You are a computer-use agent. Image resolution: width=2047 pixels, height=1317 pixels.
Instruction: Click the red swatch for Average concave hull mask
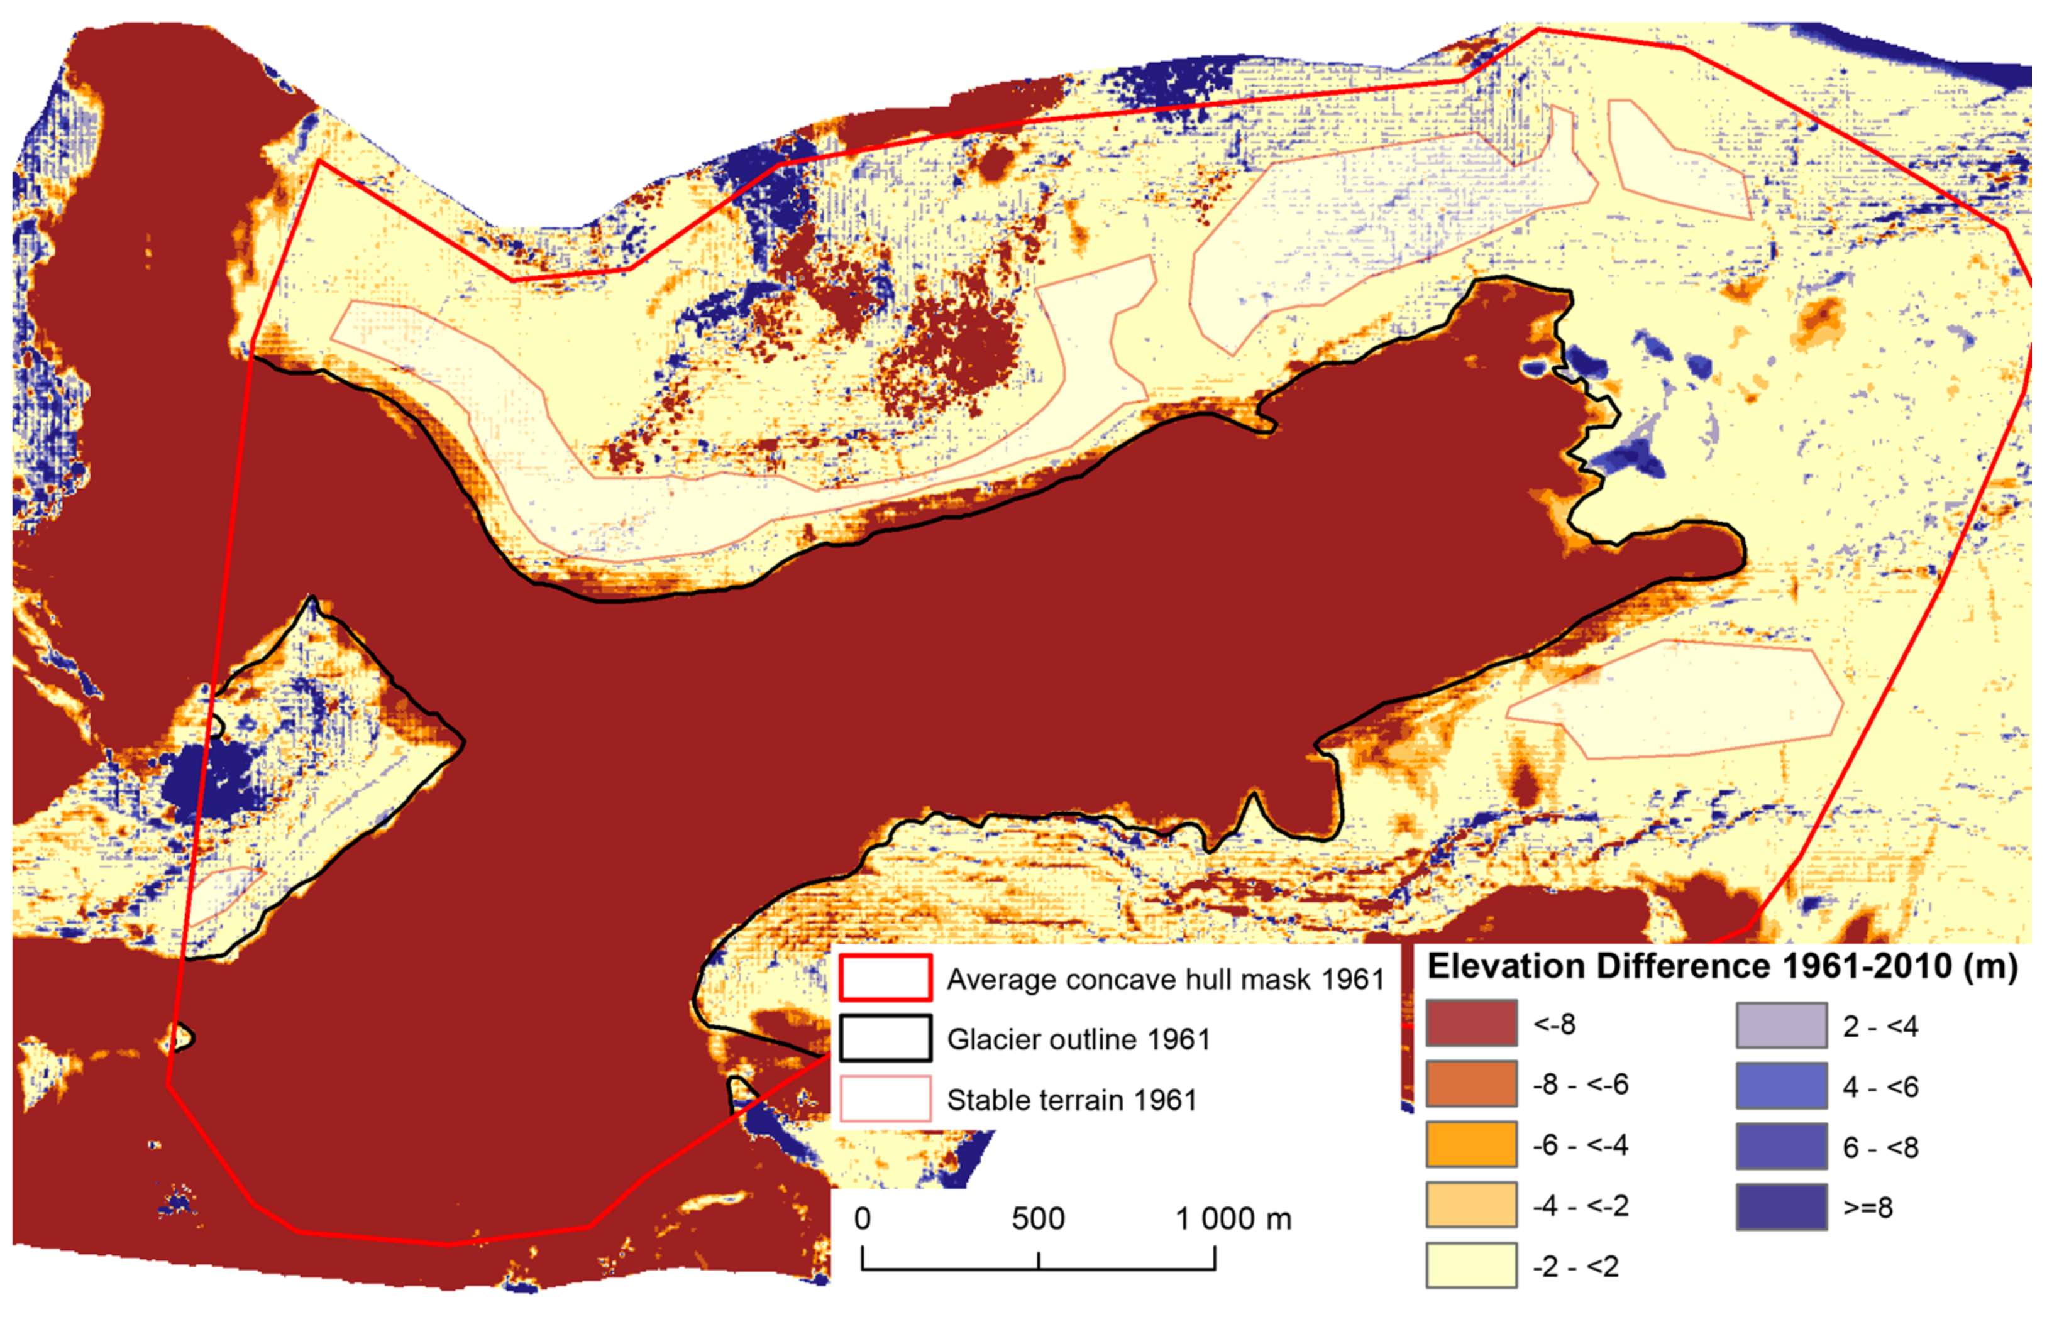click(x=885, y=978)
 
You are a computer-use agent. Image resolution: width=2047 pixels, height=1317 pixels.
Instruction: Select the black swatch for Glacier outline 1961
click(x=885, y=1038)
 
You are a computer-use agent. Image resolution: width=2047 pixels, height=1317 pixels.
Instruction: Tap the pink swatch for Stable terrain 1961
click(x=885, y=1099)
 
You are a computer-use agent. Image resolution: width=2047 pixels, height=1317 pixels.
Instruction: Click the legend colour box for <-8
click(x=1470, y=1023)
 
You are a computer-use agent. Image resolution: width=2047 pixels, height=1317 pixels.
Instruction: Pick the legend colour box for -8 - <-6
click(x=1470, y=1083)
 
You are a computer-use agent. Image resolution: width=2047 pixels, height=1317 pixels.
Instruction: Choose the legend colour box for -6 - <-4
click(x=1470, y=1144)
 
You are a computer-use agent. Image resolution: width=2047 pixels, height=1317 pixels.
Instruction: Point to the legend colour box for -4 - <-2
click(x=1470, y=1205)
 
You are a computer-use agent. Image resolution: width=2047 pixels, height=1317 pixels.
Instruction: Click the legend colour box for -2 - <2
click(x=1470, y=1265)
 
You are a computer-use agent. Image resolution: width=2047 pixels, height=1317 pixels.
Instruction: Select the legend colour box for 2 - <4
click(x=1781, y=1025)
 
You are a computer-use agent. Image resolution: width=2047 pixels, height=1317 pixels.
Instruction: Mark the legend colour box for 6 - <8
click(x=1781, y=1146)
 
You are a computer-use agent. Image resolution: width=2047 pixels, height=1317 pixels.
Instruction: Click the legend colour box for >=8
click(x=1781, y=1206)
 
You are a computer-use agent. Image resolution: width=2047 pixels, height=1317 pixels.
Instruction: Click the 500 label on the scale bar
click(x=1037, y=1218)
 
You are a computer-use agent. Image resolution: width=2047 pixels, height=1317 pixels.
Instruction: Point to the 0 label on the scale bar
click(x=863, y=1218)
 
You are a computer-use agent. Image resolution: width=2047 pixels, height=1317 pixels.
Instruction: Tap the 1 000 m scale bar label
click(x=1233, y=1218)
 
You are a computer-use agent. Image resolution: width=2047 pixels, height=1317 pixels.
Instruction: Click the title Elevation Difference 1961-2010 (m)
click(x=1722, y=966)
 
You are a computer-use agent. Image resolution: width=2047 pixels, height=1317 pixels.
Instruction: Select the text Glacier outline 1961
click(x=1078, y=1039)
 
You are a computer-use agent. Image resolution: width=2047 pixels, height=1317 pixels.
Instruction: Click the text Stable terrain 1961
click(x=1071, y=1100)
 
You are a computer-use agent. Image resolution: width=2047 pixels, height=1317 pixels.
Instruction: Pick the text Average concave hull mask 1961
click(x=1165, y=979)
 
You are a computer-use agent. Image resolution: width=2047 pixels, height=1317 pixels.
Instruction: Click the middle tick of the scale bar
click(x=1039, y=1260)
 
